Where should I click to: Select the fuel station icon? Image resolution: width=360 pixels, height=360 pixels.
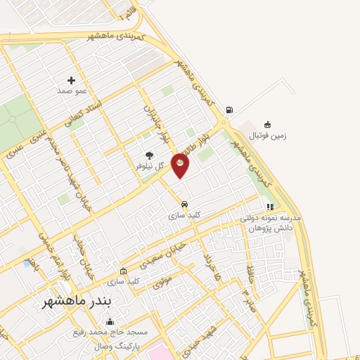pos(229,110)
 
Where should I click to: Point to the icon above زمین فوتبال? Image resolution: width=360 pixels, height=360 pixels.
pos(266,124)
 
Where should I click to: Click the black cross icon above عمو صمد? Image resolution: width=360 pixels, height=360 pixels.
pos(71,80)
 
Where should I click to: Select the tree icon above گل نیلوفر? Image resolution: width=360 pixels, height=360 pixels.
pos(148,155)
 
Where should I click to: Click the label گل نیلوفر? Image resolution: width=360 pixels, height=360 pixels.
pos(150,167)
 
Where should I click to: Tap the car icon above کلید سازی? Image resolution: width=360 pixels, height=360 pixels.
pos(184,205)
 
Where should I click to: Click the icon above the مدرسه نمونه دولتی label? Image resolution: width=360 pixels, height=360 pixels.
pos(269,207)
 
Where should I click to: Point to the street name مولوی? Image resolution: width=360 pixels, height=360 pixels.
pos(163,283)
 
